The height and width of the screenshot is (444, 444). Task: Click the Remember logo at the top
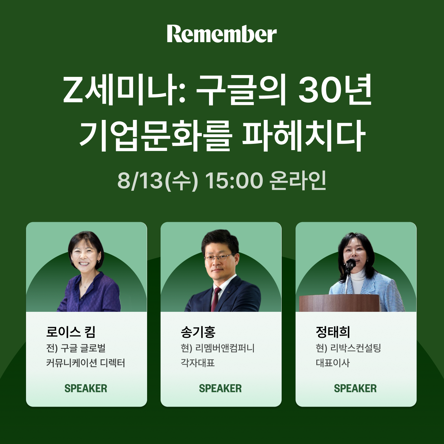coord(222,34)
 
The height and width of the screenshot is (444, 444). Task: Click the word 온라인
coord(297,181)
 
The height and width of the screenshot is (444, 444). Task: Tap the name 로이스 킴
coord(71,332)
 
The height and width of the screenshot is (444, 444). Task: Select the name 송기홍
coord(198,332)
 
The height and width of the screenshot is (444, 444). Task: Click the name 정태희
coord(333,332)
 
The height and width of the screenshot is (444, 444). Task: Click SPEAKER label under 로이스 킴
coord(86,388)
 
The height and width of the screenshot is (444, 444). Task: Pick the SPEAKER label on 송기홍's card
coord(220,388)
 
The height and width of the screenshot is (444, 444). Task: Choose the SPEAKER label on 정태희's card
coord(355,388)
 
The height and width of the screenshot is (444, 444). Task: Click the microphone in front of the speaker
coord(350,265)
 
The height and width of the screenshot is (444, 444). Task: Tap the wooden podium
coord(339,303)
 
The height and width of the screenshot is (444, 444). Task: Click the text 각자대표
coord(198,363)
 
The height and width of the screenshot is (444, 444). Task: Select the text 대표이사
coord(333,363)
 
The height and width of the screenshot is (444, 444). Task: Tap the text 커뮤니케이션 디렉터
coord(86,363)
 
